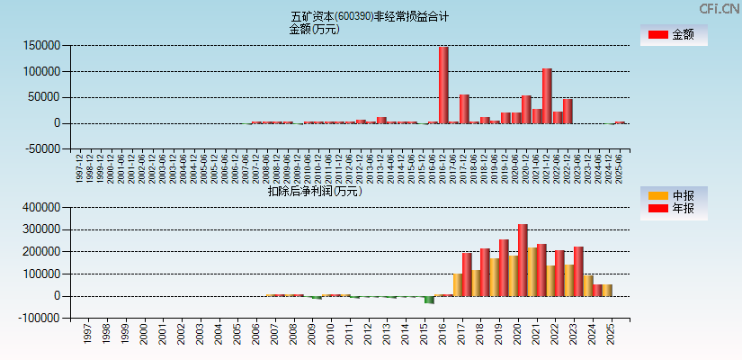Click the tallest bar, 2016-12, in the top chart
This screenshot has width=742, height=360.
443,85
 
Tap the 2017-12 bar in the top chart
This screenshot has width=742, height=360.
464,109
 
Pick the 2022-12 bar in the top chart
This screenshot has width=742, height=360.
568,111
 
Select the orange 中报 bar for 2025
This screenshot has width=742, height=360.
607,290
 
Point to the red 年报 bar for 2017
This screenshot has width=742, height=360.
467,274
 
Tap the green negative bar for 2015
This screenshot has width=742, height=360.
429,300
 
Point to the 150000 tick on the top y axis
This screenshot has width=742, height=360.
43,45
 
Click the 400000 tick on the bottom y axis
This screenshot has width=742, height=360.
43,207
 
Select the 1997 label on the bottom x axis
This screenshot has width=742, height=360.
87,334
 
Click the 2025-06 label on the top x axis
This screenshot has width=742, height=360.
619,166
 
